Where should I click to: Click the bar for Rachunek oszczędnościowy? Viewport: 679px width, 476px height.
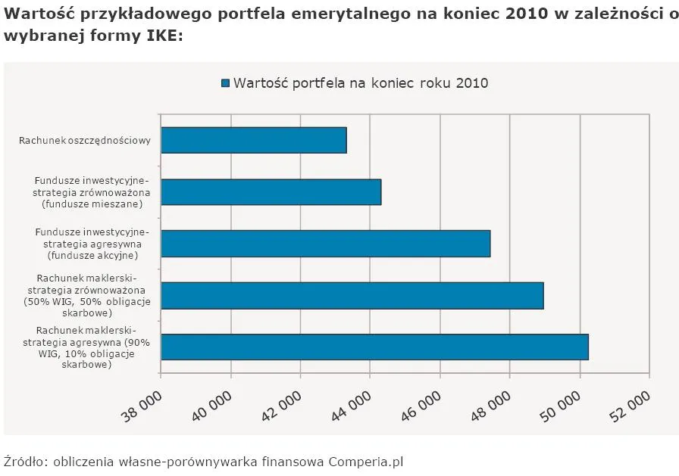point(254,141)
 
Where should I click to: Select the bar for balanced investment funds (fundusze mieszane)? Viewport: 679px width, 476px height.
point(271,192)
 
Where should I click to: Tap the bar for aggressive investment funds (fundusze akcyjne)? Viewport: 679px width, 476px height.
point(325,244)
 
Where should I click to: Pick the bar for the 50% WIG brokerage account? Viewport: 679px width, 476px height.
point(352,295)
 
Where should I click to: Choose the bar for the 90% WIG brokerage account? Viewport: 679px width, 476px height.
point(374,347)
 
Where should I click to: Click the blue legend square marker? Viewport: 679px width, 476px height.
point(225,83)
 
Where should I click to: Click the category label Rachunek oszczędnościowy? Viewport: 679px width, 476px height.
point(85,141)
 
